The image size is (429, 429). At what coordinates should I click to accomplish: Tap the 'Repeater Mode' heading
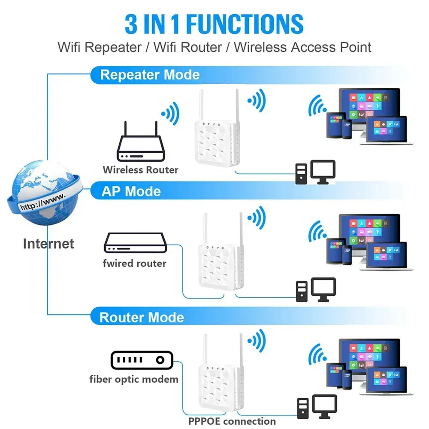[150, 75]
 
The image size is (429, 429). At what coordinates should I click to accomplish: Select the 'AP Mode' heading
[131, 191]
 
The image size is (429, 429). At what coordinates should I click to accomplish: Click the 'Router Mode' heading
[142, 317]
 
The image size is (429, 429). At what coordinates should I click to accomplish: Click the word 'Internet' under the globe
[48, 244]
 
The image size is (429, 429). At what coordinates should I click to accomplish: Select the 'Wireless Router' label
[140, 170]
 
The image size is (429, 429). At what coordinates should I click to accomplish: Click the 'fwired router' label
[134, 263]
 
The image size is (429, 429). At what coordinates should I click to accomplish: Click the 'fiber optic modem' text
[133, 379]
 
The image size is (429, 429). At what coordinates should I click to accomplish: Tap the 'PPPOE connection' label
[232, 421]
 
